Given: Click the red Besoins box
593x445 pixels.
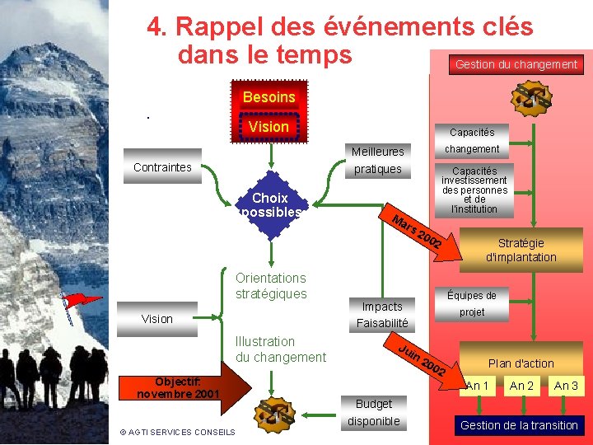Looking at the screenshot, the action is pos(269,97).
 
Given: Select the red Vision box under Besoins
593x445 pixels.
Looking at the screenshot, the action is pos(269,127).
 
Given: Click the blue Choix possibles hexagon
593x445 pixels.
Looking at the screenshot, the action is pos(270,204).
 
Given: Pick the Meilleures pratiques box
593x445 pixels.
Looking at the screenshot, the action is pos(377,160).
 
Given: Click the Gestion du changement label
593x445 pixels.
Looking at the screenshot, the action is pos(516,64).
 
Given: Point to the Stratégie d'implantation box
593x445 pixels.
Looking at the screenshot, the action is pos(521,251).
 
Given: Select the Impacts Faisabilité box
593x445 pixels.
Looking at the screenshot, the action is pos(382,315).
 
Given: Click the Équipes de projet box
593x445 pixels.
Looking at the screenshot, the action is pos(472,303).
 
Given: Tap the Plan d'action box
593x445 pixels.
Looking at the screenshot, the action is pos(521,363).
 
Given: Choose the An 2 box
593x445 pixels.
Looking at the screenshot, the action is pos(521,386).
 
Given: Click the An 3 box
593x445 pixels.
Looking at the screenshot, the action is pos(566,386).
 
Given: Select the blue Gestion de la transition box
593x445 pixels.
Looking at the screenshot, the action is pos(519,425).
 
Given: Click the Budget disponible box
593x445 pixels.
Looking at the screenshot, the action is pos(373,412).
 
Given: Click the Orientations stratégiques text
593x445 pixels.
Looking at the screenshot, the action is pos(271,286).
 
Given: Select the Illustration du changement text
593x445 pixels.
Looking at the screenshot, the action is pos(280,349).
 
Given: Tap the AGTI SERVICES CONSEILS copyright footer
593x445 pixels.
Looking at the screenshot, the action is pos(177,432).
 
